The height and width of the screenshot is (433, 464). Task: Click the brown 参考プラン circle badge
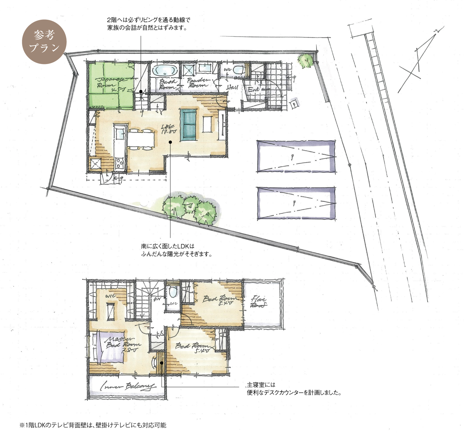(44, 42)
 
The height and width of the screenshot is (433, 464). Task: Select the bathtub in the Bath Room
(165, 70)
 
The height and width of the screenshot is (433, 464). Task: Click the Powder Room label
(198, 83)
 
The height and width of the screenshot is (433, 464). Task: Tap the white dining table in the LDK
(141, 139)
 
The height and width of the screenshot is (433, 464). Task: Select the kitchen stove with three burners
(119, 163)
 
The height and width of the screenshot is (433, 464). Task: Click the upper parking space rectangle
(296, 156)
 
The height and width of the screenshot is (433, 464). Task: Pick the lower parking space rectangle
(296, 203)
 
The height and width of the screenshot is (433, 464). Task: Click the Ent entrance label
(253, 89)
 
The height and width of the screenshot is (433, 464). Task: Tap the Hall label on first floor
(232, 88)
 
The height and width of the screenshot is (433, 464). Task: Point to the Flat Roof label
(259, 302)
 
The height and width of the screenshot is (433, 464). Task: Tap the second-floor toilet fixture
(173, 292)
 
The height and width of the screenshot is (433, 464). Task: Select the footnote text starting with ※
(93, 425)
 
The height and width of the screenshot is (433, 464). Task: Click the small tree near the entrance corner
(305, 61)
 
